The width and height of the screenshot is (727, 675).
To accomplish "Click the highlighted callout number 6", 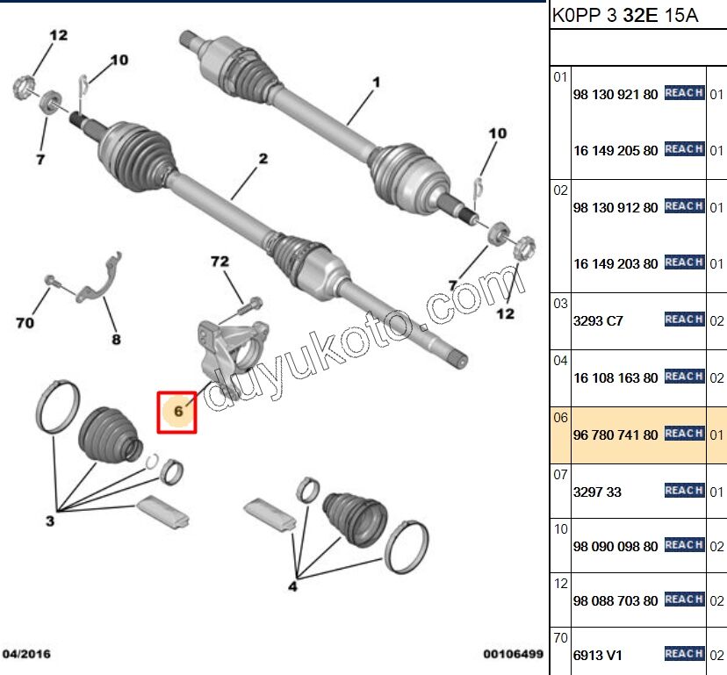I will click(177, 411).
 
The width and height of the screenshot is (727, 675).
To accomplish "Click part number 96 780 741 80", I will click(615, 434).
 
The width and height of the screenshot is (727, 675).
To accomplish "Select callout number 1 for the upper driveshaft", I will click(375, 83).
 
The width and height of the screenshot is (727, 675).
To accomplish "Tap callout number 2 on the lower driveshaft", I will click(262, 159).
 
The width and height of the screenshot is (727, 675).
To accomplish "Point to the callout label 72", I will click(220, 262).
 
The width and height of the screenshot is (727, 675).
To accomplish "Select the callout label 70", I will click(25, 324).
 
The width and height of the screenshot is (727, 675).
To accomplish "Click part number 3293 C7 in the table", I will click(597, 320).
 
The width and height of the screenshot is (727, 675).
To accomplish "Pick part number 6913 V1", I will click(597, 654).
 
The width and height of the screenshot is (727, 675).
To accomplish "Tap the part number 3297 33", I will click(596, 492).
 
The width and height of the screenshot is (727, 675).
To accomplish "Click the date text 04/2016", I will click(27, 654).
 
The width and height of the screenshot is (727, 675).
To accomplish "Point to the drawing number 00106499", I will click(513, 654).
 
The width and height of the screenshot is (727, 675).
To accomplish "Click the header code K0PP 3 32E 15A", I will click(624, 16).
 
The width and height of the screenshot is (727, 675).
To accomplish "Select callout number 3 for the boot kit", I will click(51, 522).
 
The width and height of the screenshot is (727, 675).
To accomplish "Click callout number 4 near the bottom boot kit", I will click(292, 586).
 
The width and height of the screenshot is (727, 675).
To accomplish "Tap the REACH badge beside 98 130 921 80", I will click(684, 93).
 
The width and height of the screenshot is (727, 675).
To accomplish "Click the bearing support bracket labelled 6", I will click(230, 342).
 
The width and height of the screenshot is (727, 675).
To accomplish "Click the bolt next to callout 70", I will click(52, 283).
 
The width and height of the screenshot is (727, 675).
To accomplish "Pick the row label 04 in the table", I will click(560, 360).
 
